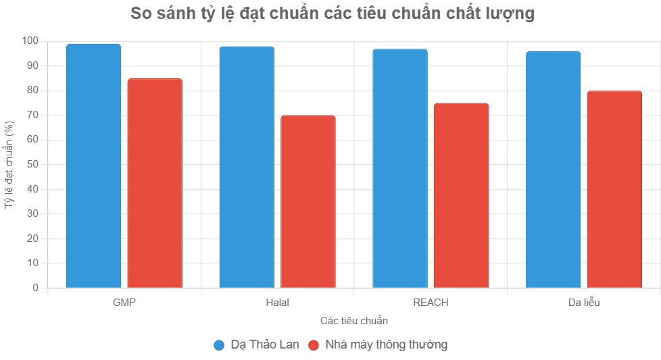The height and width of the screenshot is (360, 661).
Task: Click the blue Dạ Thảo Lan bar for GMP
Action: coord(93,166)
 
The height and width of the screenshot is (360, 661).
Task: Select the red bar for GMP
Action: coord(155,184)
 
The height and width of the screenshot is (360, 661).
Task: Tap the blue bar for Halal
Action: coord(247,168)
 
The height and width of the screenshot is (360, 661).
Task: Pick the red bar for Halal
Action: coord(308,202)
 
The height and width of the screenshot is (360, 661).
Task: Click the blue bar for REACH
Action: coord(400,169)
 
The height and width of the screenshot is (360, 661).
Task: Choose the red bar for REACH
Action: coord(462,196)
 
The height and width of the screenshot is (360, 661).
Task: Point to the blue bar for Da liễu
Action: coord(553,170)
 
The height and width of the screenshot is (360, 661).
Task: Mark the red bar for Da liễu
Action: coord(614,190)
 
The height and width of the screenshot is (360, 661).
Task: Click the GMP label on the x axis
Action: coord(124,302)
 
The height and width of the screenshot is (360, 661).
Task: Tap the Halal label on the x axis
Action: coord(278,302)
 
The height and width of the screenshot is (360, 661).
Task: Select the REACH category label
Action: coord(431,302)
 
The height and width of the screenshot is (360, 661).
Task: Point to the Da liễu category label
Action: coord(584,302)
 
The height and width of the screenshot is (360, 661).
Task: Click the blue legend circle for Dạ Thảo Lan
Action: coord(219,345)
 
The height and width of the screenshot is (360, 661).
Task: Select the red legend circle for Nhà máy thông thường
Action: coord(313,345)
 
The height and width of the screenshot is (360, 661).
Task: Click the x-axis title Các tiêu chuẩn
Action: coord(354,320)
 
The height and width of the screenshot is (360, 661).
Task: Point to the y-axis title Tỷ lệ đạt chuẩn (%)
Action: coord(9,164)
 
